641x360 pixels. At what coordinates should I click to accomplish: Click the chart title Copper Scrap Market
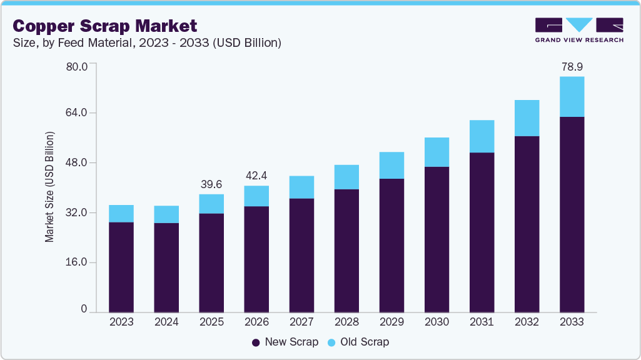(104, 26)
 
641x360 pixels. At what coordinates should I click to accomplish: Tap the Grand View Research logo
(579, 29)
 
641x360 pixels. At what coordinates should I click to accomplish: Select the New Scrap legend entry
(285, 342)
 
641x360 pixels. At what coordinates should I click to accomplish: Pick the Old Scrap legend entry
(358, 342)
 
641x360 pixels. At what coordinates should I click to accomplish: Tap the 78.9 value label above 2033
(572, 66)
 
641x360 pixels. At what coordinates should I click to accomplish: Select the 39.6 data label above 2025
(211, 184)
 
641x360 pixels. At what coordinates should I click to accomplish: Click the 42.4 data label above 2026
(256, 176)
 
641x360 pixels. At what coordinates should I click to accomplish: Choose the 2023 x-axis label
(121, 322)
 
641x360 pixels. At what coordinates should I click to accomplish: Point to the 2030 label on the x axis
(437, 322)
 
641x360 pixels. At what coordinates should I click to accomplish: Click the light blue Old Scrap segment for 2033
(572, 96)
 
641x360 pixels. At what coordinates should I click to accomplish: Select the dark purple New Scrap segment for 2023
(121, 267)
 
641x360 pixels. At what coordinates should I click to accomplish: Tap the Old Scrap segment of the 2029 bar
(391, 165)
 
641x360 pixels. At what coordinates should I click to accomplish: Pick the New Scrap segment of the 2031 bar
(482, 232)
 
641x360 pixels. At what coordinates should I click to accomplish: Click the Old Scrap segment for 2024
(166, 214)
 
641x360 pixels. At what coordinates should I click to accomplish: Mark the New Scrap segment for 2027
(301, 255)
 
